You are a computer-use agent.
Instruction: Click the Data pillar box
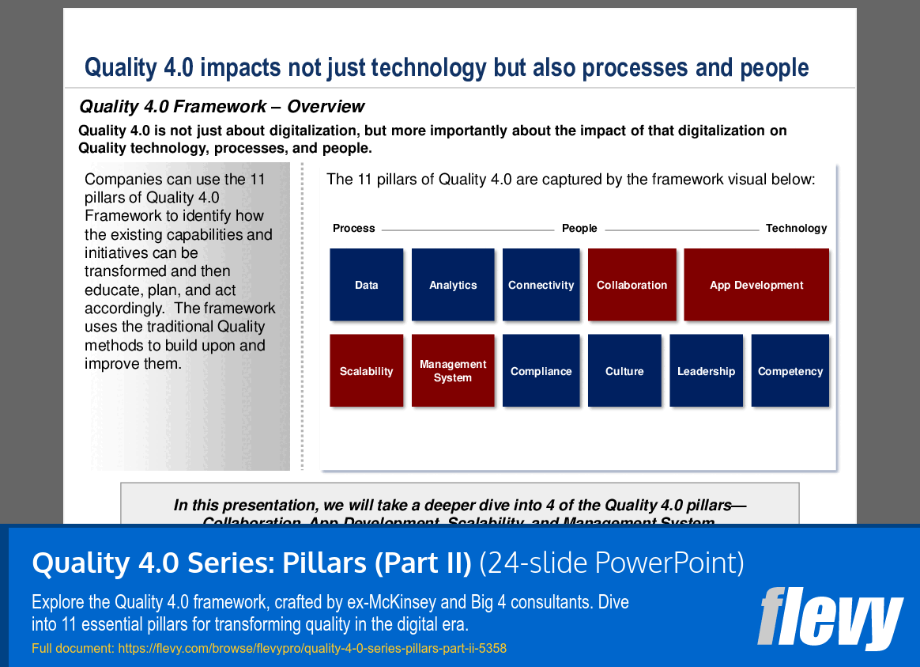click(366, 285)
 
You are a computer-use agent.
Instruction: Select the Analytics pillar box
click(453, 285)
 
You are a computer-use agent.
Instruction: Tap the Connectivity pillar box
click(541, 285)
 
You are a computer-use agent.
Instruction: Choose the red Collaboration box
click(632, 285)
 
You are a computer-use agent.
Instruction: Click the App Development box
click(756, 285)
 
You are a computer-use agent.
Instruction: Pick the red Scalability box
click(366, 371)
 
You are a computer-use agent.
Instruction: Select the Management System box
click(453, 371)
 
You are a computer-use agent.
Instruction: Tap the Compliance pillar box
click(541, 371)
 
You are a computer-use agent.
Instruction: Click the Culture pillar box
click(624, 371)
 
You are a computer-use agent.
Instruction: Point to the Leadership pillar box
click(706, 371)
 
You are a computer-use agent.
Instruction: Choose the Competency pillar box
click(790, 371)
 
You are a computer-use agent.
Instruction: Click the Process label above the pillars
click(353, 229)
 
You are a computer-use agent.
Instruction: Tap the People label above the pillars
click(579, 229)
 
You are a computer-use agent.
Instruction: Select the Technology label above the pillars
click(796, 229)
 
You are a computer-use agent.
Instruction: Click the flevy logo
click(830, 617)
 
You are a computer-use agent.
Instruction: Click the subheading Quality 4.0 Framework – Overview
click(222, 107)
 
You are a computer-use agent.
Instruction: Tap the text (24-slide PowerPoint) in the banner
click(612, 563)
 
